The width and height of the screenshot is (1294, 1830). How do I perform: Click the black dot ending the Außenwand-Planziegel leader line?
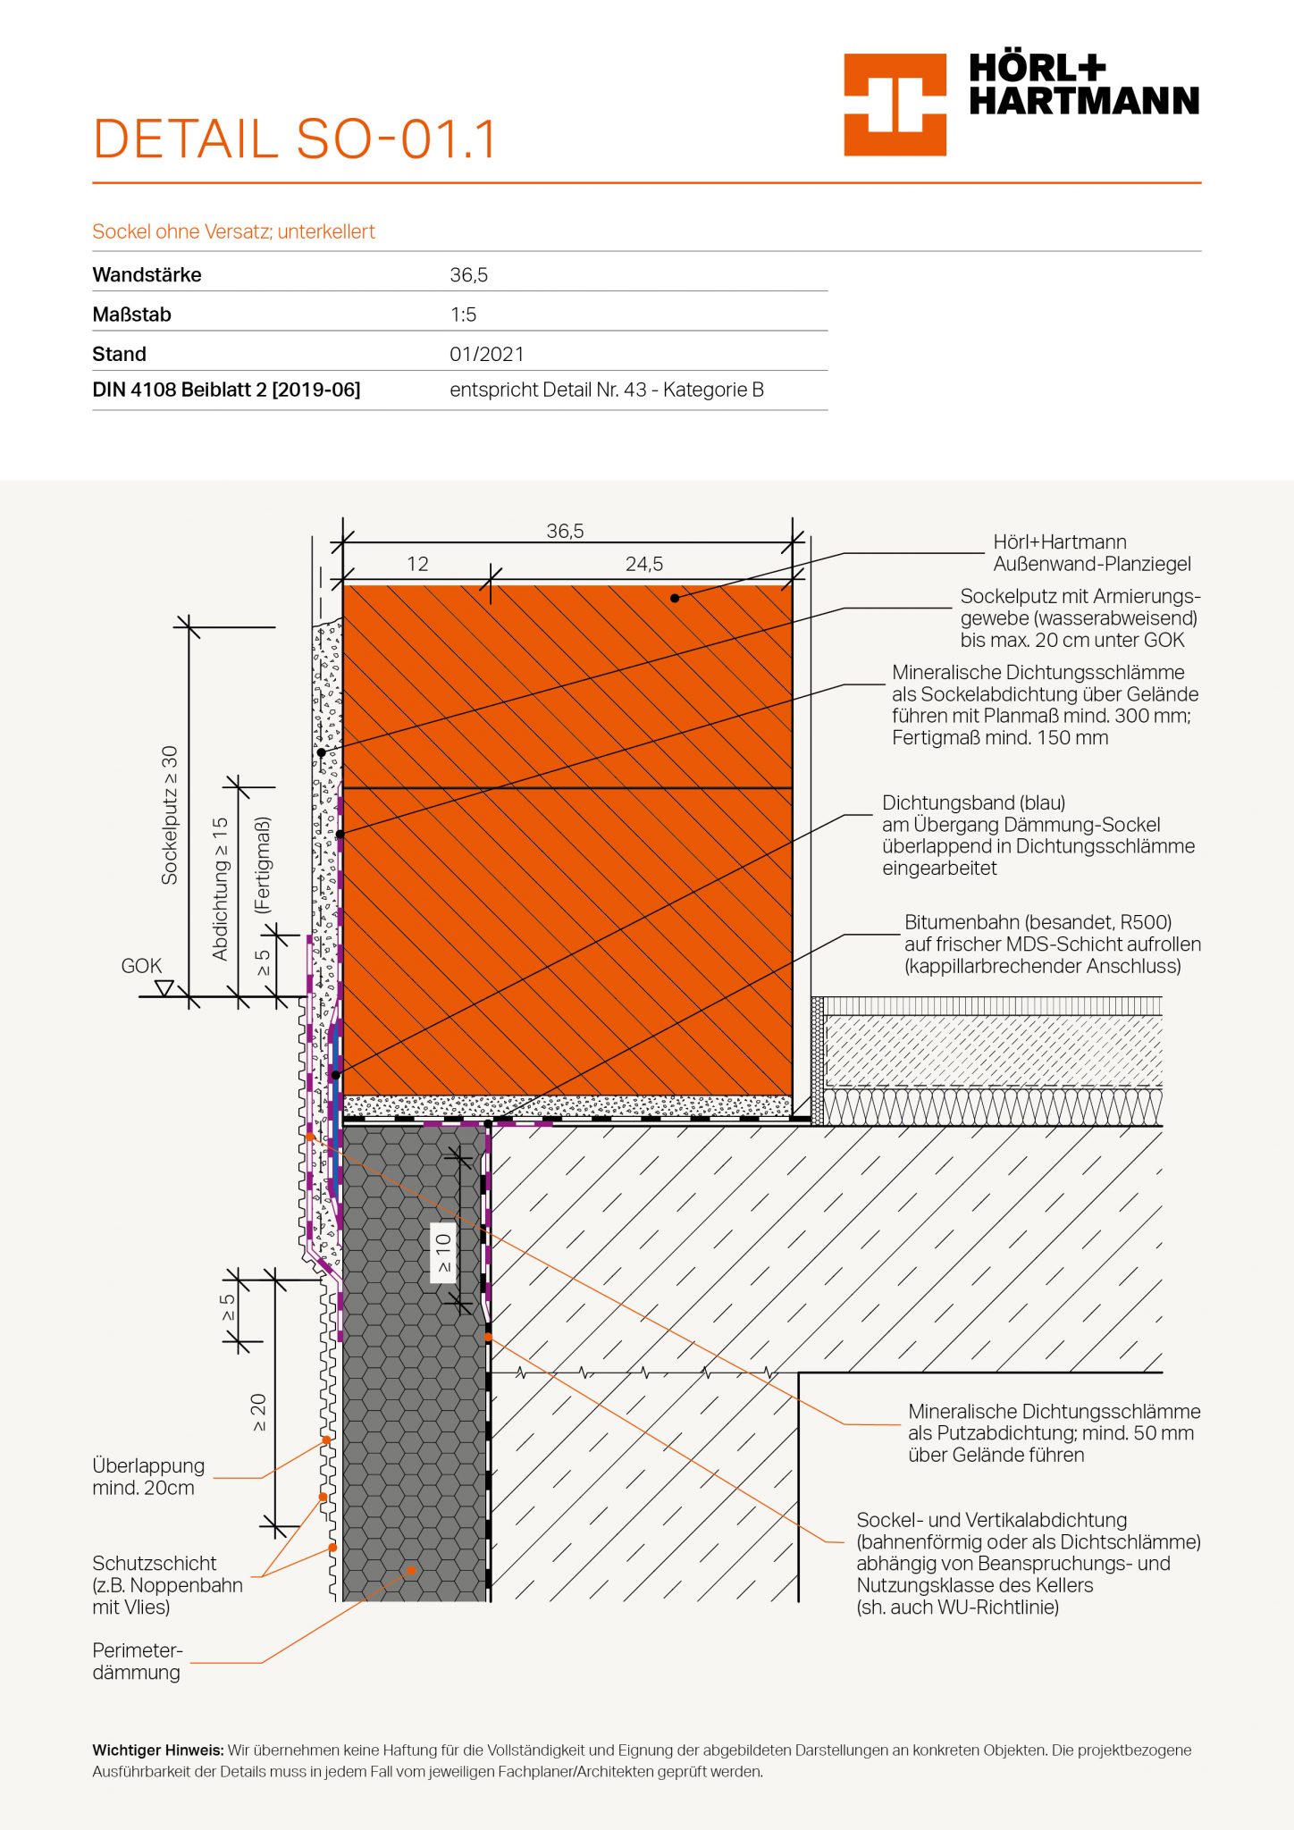pyautogui.click(x=675, y=598)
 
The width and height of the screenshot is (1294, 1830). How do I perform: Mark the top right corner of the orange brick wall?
pyautogui.click(x=793, y=584)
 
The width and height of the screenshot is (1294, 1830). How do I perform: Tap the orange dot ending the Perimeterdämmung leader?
pyautogui.click(x=411, y=1570)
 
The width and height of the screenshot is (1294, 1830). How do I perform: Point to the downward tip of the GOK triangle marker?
pyautogui.click(x=164, y=995)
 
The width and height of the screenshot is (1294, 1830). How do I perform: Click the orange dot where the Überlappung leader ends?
pyautogui.click(x=326, y=1440)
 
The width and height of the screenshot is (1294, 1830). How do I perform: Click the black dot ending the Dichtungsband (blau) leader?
pyautogui.click(x=336, y=1075)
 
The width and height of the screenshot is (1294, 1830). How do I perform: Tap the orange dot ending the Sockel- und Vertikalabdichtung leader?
pyautogui.click(x=488, y=1337)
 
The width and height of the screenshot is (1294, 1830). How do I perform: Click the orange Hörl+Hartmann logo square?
pyautogui.click(x=895, y=105)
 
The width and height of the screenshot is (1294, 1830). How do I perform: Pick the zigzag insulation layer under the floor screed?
pyautogui.click(x=993, y=1106)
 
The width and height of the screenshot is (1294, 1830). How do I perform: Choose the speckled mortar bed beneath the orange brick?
pyautogui.click(x=567, y=1106)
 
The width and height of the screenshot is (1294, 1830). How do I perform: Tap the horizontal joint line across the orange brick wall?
pyautogui.click(x=567, y=787)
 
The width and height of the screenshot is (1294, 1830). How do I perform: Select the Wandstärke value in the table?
pyautogui.click(x=469, y=275)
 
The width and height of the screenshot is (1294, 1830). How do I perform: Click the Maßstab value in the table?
pyautogui.click(x=463, y=315)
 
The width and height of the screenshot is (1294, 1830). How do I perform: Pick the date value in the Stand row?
pyautogui.click(x=487, y=354)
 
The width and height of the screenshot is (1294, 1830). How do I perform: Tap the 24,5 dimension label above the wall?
pyautogui.click(x=644, y=564)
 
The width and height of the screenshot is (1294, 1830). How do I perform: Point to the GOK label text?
pyautogui.click(x=141, y=966)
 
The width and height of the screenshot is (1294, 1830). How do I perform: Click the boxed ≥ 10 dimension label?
pyautogui.click(x=443, y=1253)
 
